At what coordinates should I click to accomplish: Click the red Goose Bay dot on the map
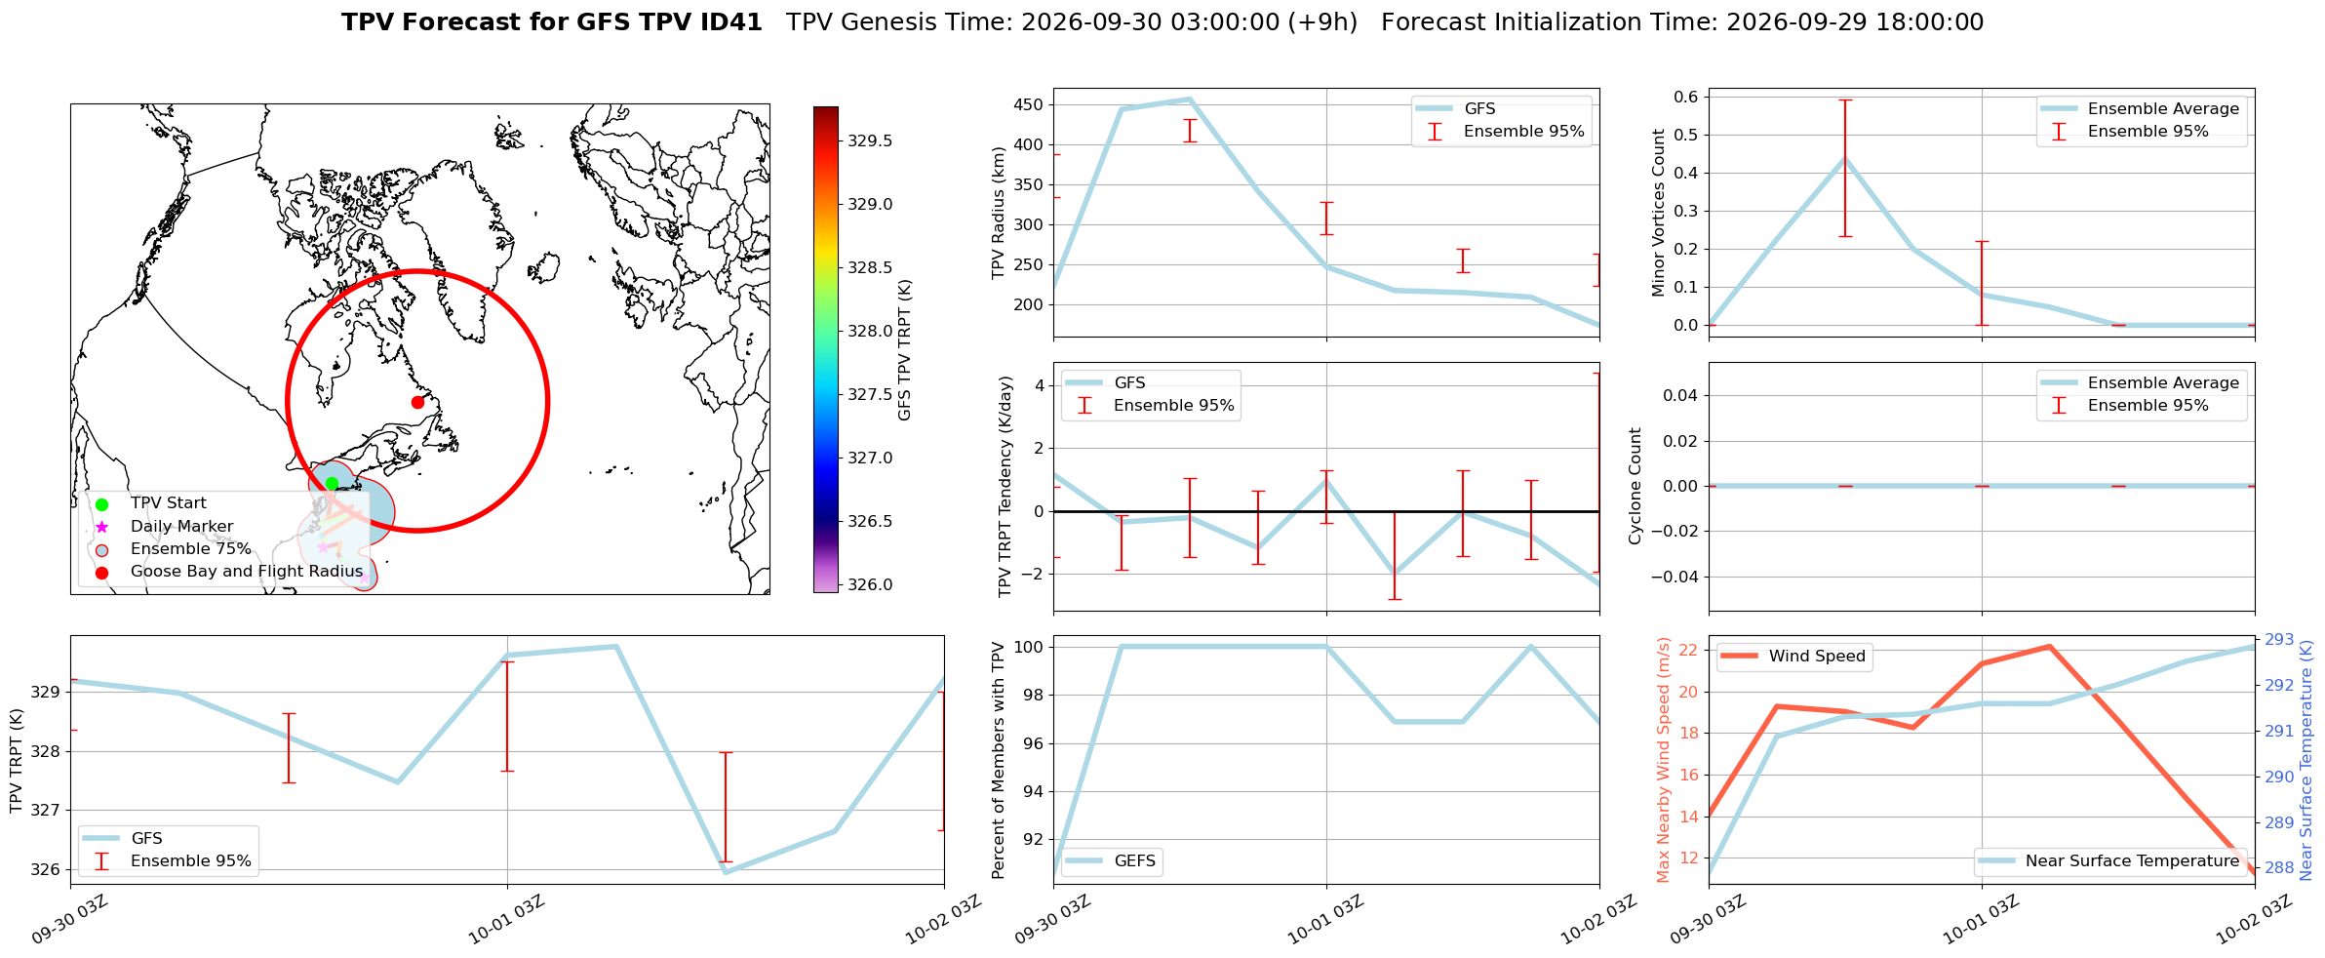click(x=417, y=402)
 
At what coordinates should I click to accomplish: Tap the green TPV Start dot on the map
click(x=332, y=483)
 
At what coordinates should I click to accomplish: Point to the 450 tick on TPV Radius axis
click(x=1029, y=104)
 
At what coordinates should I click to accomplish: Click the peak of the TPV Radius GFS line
click(x=1189, y=99)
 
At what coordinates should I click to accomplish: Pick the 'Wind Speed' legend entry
click(x=1794, y=656)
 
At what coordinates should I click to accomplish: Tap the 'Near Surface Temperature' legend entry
click(x=2110, y=860)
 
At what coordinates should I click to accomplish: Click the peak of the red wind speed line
click(x=2049, y=646)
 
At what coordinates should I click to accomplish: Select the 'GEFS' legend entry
click(x=1112, y=860)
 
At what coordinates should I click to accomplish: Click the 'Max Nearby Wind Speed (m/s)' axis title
click(x=1664, y=760)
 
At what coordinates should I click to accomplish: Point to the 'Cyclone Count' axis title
click(x=1635, y=486)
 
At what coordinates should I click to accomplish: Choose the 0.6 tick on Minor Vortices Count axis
click(x=1686, y=97)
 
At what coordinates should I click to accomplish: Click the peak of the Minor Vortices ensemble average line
click(x=1844, y=158)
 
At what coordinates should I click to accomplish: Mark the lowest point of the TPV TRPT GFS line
click(x=726, y=872)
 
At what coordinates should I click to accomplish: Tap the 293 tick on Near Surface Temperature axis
click(x=2279, y=640)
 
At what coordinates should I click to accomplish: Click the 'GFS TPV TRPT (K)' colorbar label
click(x=905, y=349)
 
